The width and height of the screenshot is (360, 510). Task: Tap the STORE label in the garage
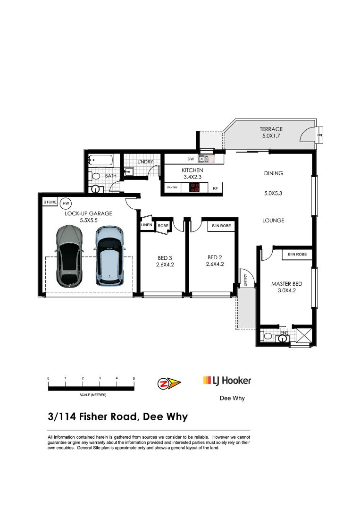[50, 202]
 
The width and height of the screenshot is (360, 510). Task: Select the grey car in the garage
[69, 256]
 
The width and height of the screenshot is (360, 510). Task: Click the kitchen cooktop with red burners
[194, 187]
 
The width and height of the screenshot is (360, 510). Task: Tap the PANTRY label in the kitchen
[172, 188]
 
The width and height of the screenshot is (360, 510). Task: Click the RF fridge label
[215, 188]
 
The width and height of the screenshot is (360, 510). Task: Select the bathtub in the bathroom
[100, 161]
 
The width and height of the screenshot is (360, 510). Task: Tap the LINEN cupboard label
[147, 225]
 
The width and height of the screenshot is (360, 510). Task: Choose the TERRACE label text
[271, 129]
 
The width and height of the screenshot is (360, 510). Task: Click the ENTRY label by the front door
[245, 280]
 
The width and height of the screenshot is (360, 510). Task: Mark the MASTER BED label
[286, 284]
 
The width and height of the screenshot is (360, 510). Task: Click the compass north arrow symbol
[168, 382]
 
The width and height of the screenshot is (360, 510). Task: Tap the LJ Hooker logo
[227, 381]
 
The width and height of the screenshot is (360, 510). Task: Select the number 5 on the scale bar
[134, 379]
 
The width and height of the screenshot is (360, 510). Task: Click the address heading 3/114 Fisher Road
[117, 416]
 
